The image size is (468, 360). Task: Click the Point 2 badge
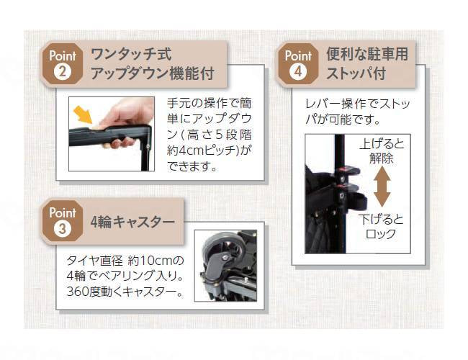[61, 63]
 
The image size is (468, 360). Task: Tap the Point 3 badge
[61, 221]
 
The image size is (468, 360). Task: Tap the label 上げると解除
[382, 151]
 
